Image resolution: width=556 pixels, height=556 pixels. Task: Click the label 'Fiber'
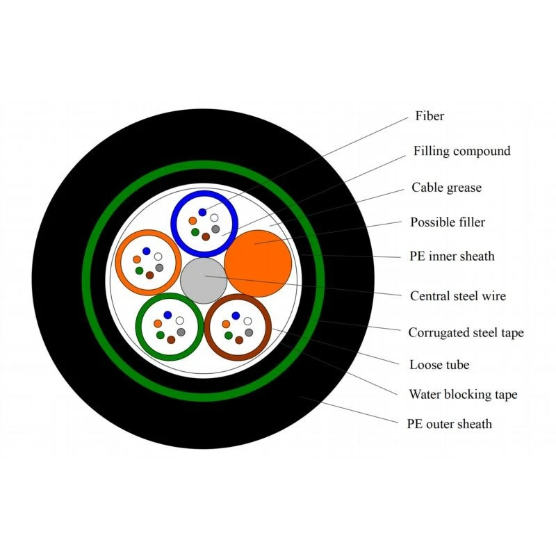click(x=430, y=115)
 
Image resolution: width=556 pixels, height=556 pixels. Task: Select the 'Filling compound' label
click(x=461, y=151)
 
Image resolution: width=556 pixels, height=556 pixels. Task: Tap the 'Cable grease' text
click(x=446, y=187)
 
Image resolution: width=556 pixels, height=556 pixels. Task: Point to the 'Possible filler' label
click(x=448, y=222)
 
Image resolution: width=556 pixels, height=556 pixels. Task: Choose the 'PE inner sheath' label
click(x=452, y=256)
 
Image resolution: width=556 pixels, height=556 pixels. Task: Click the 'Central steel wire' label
click(x=458, y=296)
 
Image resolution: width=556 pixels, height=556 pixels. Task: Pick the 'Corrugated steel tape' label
click(x=466, y=333)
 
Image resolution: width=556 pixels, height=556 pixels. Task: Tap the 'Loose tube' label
click(x=439, y=364)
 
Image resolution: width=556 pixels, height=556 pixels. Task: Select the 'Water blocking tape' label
click(x=463, y=394)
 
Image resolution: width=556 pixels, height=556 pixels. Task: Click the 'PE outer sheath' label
click(x=449, y=424)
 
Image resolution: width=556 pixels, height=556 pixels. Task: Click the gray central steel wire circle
click(x=204, y=281)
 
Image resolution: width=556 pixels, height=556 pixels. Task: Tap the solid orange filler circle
click(x=258, y=263)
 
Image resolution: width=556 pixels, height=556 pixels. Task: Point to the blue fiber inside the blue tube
click(x=202, y=212)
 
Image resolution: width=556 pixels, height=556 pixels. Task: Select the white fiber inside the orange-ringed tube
click(x=158, y=256)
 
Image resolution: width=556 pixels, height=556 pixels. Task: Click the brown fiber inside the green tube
click(x=171, y=340)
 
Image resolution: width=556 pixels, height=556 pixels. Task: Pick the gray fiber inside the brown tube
click(x=249, y=332)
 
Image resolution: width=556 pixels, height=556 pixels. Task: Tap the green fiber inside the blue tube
click(x=195, y=232)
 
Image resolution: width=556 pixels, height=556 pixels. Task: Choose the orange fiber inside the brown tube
click(x=226, y=324)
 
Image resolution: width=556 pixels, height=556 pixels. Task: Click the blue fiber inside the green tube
click(x=167, y=315)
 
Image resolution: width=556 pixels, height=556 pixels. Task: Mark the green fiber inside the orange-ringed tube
click(x=140, y=270)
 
